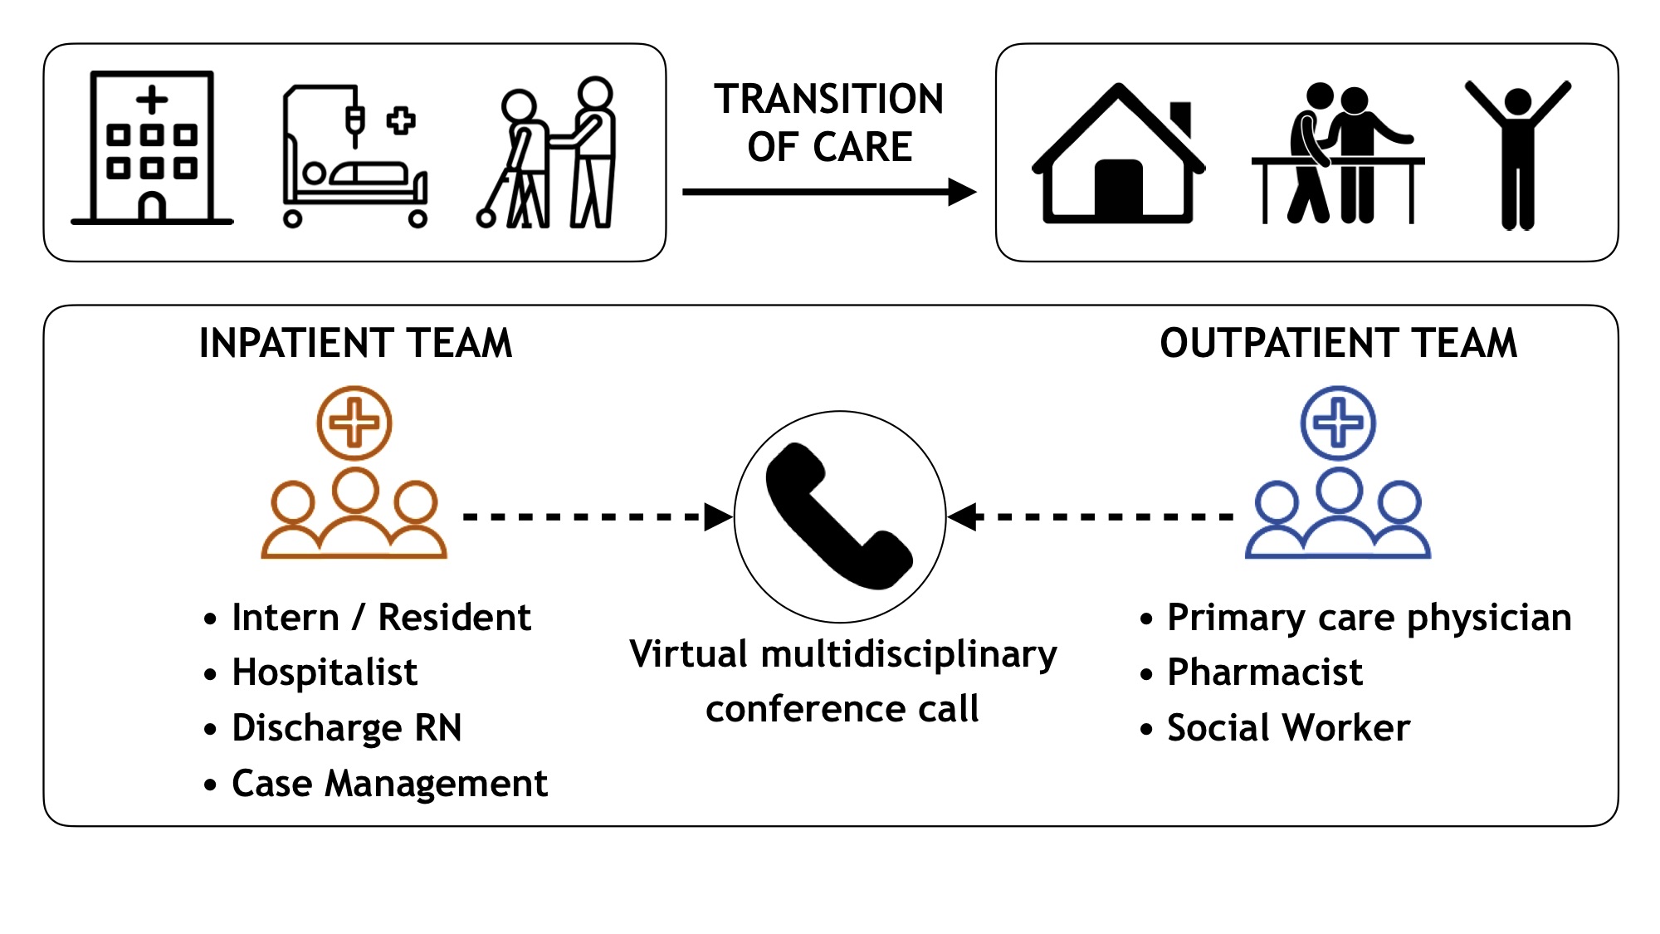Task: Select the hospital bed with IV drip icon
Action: (x=355, y=158)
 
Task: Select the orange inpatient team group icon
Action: (x=354, y=473)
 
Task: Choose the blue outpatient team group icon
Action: (x=1338, y=473)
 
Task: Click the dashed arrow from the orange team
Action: (x=596, y=516)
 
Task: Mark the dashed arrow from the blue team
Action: (x=1091, y=516)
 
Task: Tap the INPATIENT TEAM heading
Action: (x=355, y=343)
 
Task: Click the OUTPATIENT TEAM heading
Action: (x=1338, y=343)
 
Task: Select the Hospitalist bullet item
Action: (x=325, y=672)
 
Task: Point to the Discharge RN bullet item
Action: (x=346, y=728)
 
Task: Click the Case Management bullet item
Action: (x=389, y=784)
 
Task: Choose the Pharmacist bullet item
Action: (x=1264, y=672)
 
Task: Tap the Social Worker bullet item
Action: (x=1288, y=728)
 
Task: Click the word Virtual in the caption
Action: (x=689, y=654)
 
